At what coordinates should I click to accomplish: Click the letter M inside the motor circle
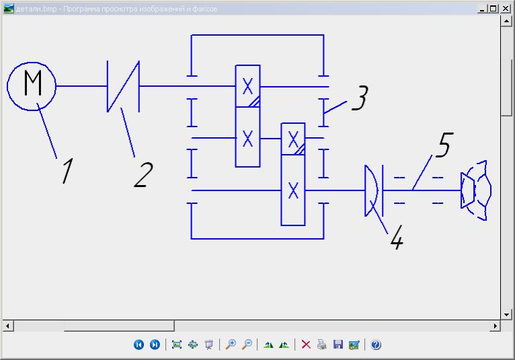click(x=32, y=85)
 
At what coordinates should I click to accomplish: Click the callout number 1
click(x=67, y=171)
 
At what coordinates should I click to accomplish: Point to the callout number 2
click(x=143, y=174)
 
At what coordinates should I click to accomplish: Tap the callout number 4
click(x=397, y=238)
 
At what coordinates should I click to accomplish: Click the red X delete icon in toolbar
click(x=306, y=345)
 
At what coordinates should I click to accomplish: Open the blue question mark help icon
click(x=376, y=345)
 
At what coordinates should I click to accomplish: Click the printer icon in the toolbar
click(x=322, y=345)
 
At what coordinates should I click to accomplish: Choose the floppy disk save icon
click(x=338, y=345)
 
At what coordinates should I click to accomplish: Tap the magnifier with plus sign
click(x=231, y=345)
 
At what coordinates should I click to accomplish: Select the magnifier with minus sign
click(x=247, y=345)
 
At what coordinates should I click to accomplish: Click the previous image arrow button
click(x=138, y=345)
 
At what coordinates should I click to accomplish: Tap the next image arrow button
click(x=155, y=345)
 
